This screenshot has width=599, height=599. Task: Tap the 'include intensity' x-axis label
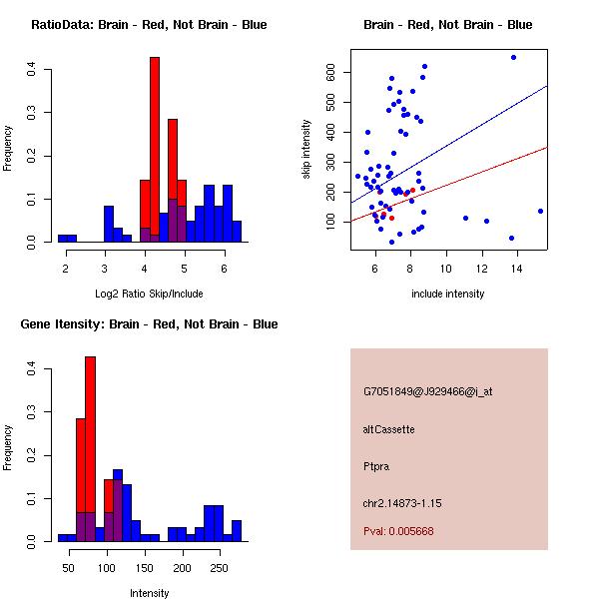[x=448, y=294]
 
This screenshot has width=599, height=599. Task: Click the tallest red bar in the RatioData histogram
[x=155, y=150]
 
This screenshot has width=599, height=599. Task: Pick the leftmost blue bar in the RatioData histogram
[x=67, y=239]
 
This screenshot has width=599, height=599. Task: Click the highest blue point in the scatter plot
[x=513, y=57]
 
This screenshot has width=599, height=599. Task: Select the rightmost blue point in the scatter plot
[x=540, y=211]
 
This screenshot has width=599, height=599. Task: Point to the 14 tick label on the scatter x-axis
[x=512, y=269]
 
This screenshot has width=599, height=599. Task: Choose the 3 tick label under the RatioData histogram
[x=105, y=269]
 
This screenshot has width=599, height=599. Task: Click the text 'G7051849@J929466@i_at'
[x=428, y=391]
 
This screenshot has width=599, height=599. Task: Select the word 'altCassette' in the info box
[x=389, y=429]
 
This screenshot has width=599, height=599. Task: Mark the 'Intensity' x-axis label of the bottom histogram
[x=150, y=593]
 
